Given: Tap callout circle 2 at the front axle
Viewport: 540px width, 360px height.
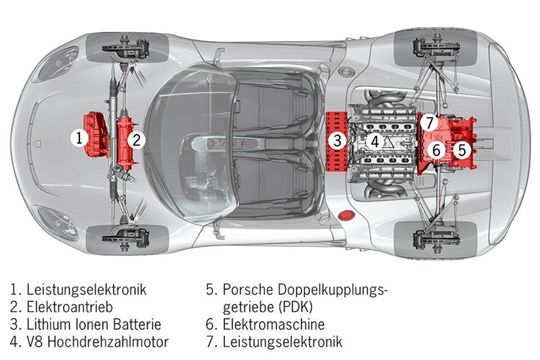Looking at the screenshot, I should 138,140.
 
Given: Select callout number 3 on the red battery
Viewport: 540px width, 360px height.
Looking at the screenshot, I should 339,140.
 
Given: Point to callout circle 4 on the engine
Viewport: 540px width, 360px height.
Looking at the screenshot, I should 375,141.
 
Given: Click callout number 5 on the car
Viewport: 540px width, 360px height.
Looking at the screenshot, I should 462,149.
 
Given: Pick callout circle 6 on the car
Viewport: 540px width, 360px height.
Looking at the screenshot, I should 436,149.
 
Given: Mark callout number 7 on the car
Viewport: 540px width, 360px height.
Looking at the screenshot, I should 429,122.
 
